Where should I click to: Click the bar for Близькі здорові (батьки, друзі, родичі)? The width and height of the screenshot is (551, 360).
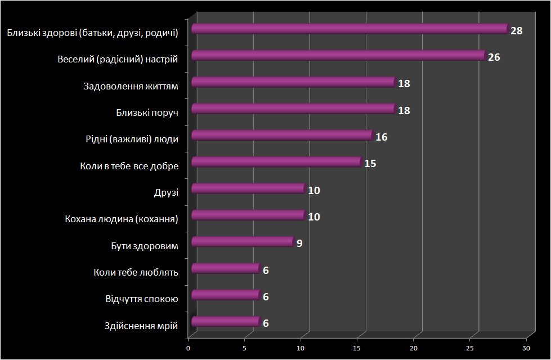(350, 29)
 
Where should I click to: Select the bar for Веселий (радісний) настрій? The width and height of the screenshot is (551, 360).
(339, 56)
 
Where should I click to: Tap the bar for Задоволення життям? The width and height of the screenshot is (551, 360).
(294, 82)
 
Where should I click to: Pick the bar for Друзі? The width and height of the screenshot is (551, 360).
(249, 188)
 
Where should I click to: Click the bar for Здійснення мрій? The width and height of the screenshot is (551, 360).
(227, 322)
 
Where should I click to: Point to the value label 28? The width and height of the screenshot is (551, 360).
(517, 31)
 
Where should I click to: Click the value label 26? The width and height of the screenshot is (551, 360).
(494, 57)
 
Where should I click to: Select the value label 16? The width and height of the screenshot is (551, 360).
(382, 137)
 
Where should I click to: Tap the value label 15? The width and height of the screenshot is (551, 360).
(370, 164)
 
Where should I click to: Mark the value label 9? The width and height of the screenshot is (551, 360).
(299, 244)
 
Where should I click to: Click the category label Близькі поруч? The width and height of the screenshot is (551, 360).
(147, 112)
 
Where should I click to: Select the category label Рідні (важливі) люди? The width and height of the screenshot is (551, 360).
(132, 139)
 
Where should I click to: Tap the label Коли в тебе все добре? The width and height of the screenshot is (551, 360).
(129, 166)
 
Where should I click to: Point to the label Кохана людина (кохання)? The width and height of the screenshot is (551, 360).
(122, 219)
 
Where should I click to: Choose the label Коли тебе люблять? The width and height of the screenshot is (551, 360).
(136, 272)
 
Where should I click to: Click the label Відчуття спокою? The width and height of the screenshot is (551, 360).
(142, 299)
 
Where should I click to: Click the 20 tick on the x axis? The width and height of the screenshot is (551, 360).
(414, 348)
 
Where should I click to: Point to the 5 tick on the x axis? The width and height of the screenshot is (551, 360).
(245, 348)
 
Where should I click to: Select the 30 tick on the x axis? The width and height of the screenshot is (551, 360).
(526, 348)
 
